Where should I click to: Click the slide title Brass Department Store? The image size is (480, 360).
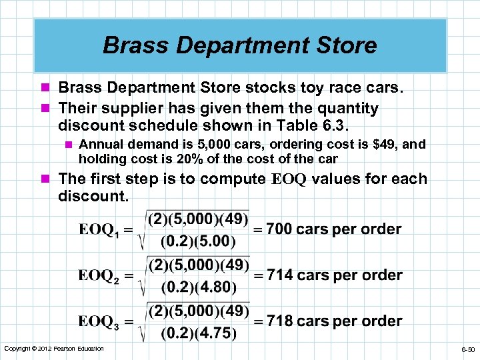[x=240, y=45]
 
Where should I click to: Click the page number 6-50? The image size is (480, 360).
[x=467, y=349]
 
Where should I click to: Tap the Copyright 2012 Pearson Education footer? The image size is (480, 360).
[x=54, y=349]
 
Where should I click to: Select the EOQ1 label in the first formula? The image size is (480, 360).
[x=101, y=230]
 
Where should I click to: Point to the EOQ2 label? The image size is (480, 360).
[x=101, y=276]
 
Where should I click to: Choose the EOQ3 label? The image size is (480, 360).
[x=101, y=322]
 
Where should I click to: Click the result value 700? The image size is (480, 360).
[x=279, y=229]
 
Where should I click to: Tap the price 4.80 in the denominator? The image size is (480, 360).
[x=214, y=287]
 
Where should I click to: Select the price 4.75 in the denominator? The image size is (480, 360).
[x=214, y=333]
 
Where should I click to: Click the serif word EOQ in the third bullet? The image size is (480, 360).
[x=289, y=179]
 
